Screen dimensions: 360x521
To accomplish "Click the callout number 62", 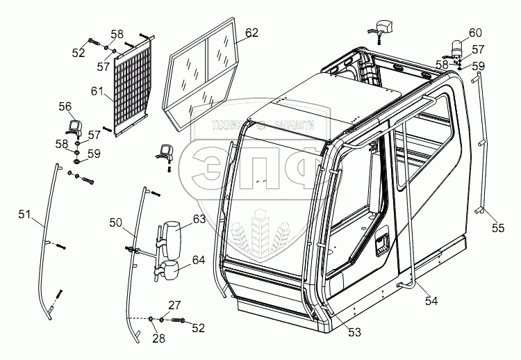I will tap(251, 33).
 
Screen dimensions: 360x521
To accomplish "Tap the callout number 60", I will tap(474, 33).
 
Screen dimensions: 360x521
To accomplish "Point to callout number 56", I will tap(65, 106).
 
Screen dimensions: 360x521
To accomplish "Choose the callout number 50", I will tap(115, 222).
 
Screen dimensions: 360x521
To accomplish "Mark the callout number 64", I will tap(199, 260).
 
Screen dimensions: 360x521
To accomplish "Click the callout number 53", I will tap(354, 333).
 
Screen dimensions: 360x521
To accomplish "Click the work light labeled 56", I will tap(73, 126).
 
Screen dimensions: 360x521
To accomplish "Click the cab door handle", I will tap(383, 243).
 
